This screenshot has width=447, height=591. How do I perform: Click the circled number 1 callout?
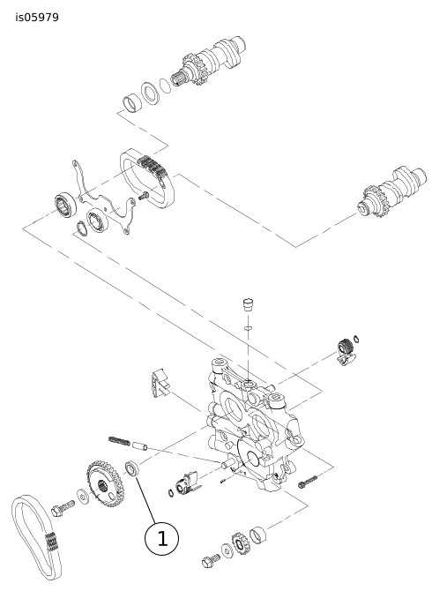coord(161,539)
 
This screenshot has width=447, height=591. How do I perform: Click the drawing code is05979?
coord(37,18)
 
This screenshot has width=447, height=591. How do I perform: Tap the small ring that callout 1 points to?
coord(132,468)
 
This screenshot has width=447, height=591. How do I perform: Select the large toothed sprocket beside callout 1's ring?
coord(106,483)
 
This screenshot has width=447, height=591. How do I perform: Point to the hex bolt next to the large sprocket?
coord(63,508)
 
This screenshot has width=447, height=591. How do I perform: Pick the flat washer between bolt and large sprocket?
coord(82,497)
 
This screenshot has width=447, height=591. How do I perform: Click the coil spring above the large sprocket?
coord(119,440)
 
